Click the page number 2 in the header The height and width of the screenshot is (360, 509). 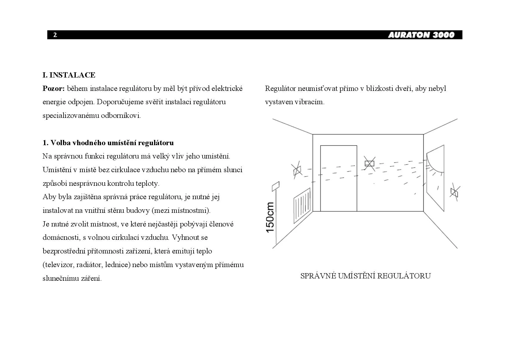[x=55, y=35]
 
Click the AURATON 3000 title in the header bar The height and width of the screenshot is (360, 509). [x=421, y=35]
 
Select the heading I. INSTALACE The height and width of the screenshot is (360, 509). [x=69, y=75]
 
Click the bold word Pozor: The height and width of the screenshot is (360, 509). [x=53, y=89]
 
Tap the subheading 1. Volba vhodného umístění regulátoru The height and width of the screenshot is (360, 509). [x=108, y=143]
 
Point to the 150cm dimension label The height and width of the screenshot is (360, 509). [x=270, y=217]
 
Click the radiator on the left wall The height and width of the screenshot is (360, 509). [x=302, y=205]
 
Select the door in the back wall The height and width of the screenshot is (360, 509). [x=338, y=178]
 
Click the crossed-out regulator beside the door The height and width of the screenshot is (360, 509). [x=369, y=163]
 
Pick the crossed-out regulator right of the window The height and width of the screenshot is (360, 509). [x=454, y=192]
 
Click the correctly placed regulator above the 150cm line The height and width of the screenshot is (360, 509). [x=275, y=186]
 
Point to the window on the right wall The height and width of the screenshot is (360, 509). [x=435, y=180]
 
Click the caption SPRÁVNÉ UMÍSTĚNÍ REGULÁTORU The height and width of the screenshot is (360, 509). [x=365, y=276]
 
